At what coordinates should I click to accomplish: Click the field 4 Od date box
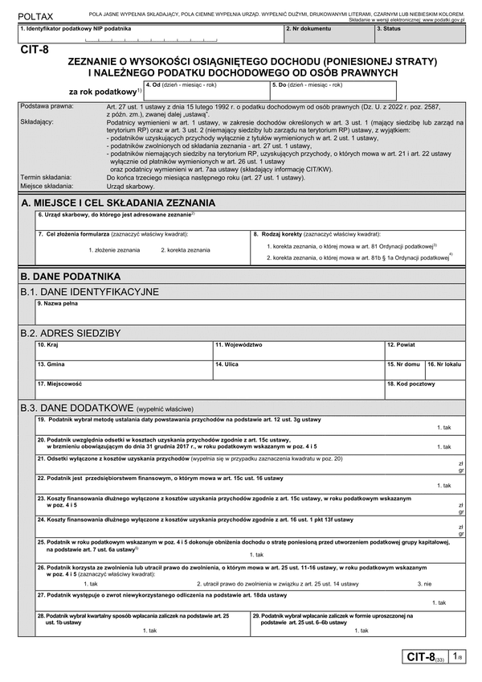click(205, 90)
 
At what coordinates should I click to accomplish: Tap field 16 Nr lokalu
click(445, 369)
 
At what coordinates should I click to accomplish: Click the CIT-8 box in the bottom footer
click(424, 657)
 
